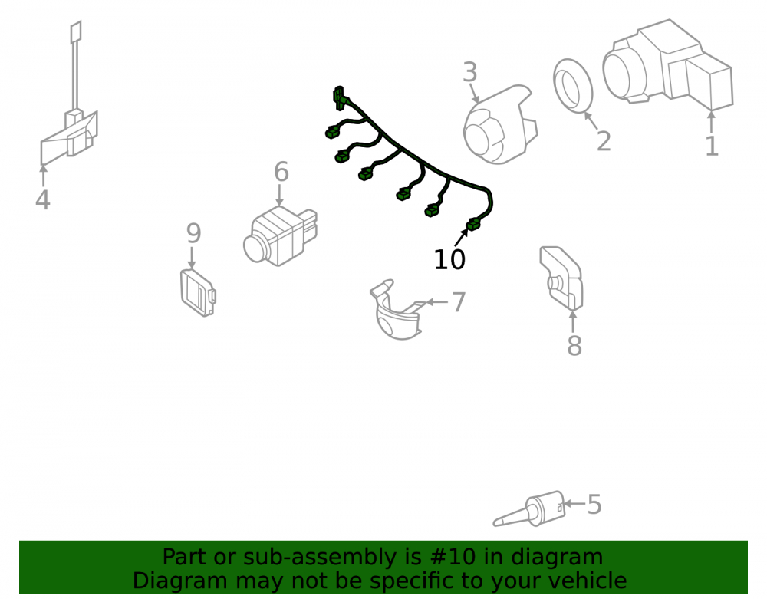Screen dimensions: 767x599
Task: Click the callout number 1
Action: [x=712, y=146]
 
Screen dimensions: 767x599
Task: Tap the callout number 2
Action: [x=604, y=141]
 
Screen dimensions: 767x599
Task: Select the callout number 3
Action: [x=469, y=72]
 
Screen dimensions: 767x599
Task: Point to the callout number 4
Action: [x=42, y=199]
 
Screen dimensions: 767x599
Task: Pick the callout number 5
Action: [x=594, y=504]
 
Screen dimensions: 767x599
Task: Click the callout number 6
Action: [x=281, y=172]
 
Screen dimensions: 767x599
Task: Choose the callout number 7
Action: [x=459, y=302]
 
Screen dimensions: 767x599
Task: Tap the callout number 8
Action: [x=574, y=346]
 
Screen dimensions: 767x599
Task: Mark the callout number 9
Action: [x=194, y=233]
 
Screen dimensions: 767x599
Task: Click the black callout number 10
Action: [x=449, y=259]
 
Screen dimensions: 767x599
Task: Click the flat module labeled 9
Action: [x=198, y=292]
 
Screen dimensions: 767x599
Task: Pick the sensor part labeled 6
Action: [x=280, y=235]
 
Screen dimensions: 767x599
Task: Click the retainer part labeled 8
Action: [x=561, y=278]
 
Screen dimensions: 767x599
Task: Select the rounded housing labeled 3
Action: [x=499, y=125]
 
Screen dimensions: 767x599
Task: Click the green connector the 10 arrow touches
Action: [x=473, y=225]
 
